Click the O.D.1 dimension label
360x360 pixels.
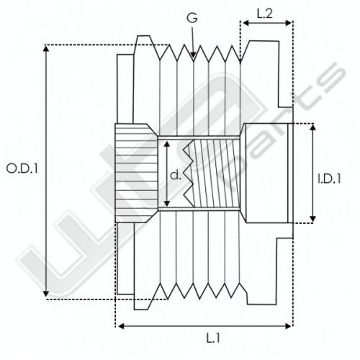pyautogui.click(x=22, y=168)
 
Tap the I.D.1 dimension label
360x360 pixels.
pyautogui.click(x=329, y=179)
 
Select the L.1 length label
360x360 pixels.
pyautogui.click(x=213, y=338)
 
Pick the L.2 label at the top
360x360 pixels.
pyautogui.click(x=265, y=14)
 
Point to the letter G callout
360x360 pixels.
pyautogui.click(x=192, y=18)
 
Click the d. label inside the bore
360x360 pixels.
pyautogui.click(x=176, y=176)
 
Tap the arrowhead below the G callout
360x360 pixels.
pyautogui.click(x=193, y=55)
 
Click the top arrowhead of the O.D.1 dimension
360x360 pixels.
pyautogui.click(x=46, y=48)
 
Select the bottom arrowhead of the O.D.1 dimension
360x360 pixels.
pyautogui.click(x=46, y=294)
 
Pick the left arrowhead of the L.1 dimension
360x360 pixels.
pyautogui.click(x=121, y=326)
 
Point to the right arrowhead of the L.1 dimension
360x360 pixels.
pyautogui.click(x=288, y=326)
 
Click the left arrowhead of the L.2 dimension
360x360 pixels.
pyautogui.click(x=246, y=23)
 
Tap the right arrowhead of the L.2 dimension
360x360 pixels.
pyautogui.click(x=288, y=23)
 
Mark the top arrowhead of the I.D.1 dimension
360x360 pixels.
pyautogui.click(x=312, y=127)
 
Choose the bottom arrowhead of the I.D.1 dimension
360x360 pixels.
pyautogui.click(x=312, y=219)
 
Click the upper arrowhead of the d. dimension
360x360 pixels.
pyautogui.click(x=166, y=144)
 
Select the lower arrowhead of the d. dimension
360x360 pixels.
pyautogui.click(x=166, y=203)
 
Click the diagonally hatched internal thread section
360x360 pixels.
pyautogui.click(x=216, y=174)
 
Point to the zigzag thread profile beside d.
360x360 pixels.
pyautogui.click(x=188, y=174)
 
